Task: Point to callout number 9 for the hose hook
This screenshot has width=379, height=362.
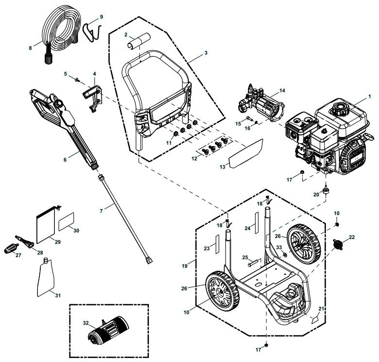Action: pos(101,16)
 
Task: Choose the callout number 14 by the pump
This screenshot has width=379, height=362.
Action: pos(282,90)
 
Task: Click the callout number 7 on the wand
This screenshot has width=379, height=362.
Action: pos(101,211)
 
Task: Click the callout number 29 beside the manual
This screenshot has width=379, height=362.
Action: pos(57,241)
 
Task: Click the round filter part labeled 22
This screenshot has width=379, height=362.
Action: pos(339,243)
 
